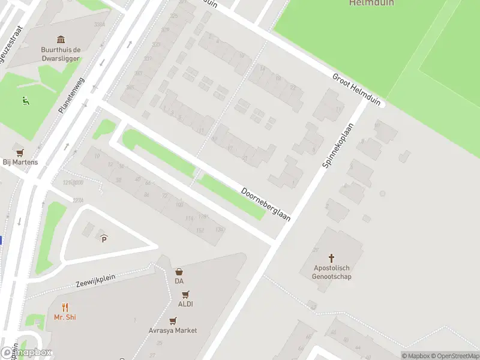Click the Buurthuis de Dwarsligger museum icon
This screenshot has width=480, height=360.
pos(60,39)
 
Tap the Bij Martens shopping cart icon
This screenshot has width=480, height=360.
pos(20,152)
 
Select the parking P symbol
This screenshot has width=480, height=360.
pos(104,239)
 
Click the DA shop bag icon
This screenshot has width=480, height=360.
pos(179,272)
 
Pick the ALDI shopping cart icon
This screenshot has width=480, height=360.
pos(185,294)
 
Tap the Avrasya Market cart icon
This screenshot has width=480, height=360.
pos(173,320)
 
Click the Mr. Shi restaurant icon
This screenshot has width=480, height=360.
pos(65,307)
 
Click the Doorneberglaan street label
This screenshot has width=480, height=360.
pos(266,205)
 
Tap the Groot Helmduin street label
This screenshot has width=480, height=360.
pos(356,90)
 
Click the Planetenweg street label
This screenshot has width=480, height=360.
pos(72,96)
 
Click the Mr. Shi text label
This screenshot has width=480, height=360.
pos(65,317)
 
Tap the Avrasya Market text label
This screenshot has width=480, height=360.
pos(173,331)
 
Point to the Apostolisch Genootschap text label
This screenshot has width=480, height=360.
pos(332,272)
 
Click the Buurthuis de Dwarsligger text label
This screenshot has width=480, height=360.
pos(60,54)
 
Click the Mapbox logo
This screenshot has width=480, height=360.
pos(26,353)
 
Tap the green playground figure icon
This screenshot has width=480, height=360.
pos(25,101)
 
